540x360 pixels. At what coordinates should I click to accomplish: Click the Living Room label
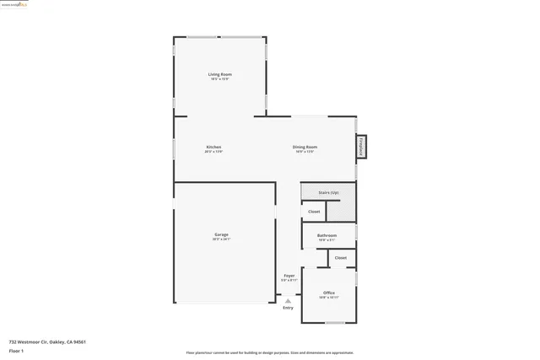click(220, 74)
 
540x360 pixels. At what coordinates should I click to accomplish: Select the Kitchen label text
click(213, 148)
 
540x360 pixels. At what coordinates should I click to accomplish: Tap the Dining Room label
click(305, 148)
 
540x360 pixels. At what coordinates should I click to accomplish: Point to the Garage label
click(221, 234)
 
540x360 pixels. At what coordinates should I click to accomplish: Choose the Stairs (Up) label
click(328, 193)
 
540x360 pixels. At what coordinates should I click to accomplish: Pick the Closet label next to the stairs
click(314, 212)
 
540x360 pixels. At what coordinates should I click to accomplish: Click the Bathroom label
click(327, 235)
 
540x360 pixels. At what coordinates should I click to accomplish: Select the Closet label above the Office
click(341, 258)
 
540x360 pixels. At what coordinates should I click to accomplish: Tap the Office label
click(329, 293)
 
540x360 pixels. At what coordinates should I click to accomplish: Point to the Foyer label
click(289, 276)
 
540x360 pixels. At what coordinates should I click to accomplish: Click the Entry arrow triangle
click(289, 300)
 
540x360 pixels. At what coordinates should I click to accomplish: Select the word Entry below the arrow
click(289, 308)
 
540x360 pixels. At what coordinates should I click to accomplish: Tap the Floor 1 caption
click(17, 349)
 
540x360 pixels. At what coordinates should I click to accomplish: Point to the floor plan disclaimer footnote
click(270, 353)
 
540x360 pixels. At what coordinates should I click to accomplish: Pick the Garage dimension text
click(221, 239)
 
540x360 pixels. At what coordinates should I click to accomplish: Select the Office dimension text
click(329, 298)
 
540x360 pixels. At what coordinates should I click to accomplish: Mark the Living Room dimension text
click(220, 79)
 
